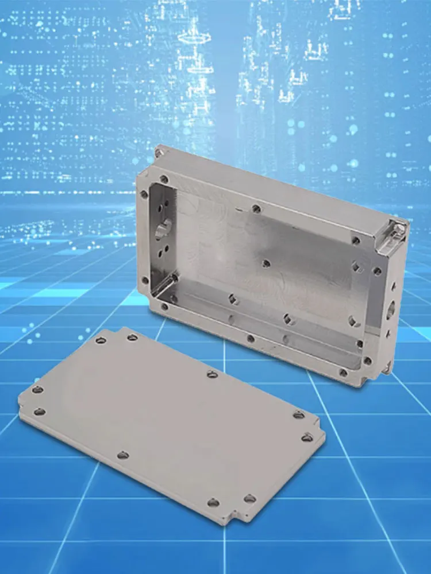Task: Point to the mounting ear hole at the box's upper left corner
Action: (158, 153)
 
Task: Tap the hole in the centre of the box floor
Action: (265, 263)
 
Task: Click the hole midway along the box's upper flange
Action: (256, 208)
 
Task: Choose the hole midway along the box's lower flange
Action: (251, 339)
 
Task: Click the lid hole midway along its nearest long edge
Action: (122, 455)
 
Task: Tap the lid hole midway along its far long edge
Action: (212, 374)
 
